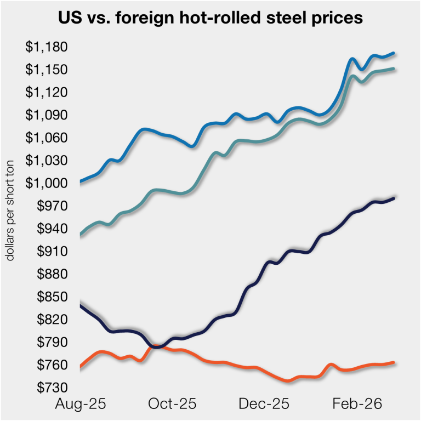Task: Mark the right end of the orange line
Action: pyautogui.click(x=394, y=362)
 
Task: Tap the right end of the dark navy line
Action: pyautogui.click(x=394, y=198)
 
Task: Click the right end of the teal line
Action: pyautogui.click(x=394, y=69)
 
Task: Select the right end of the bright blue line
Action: pyautogui.click(x=394, y=53)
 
